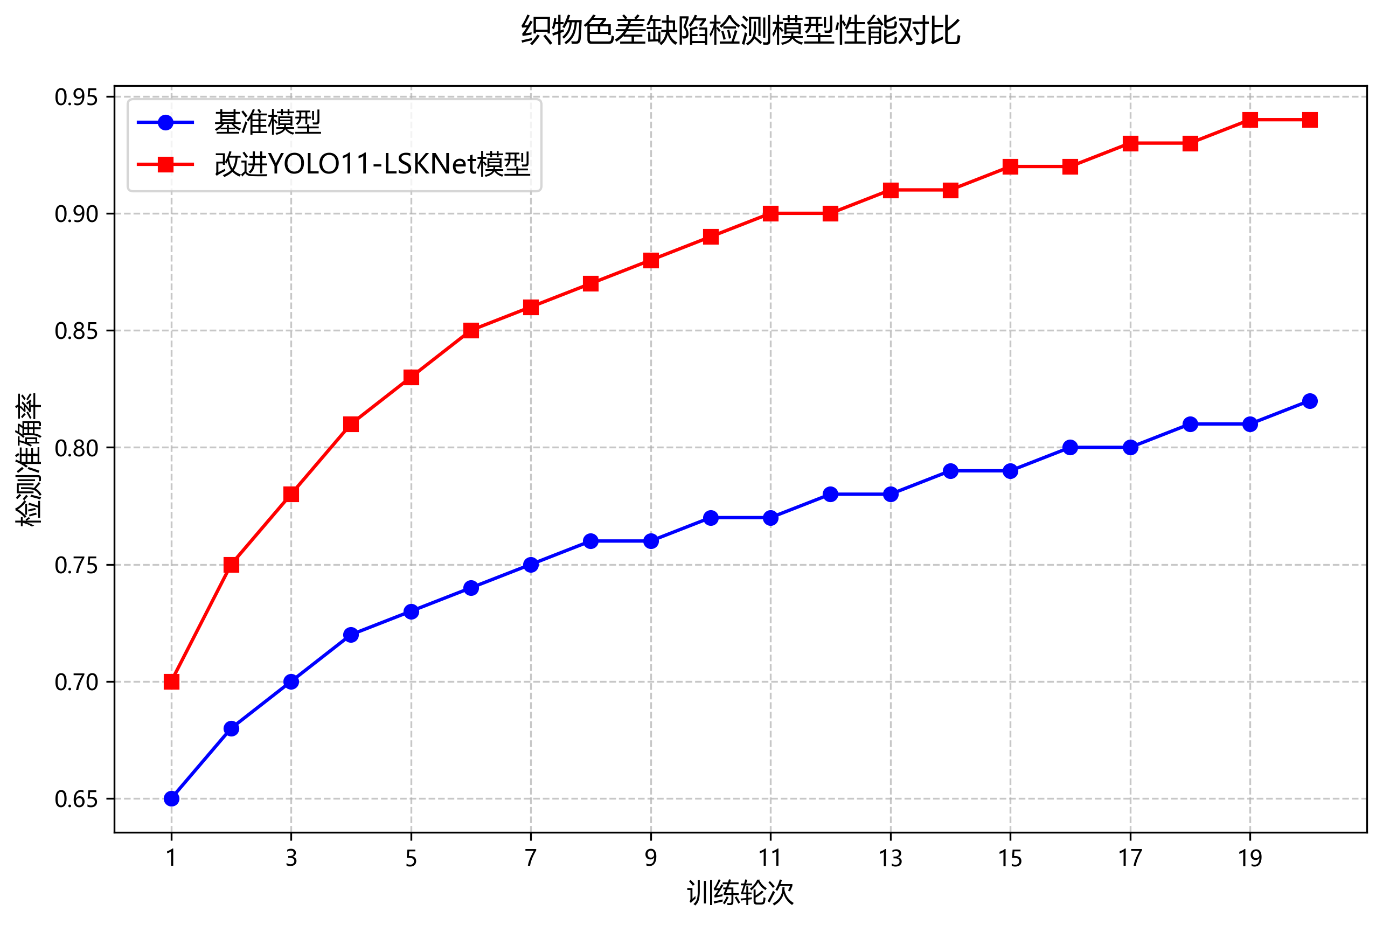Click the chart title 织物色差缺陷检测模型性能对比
click(x=740, y=31)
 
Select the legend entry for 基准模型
click(x=267, y=123)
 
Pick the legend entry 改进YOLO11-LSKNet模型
click(x=372, y=164)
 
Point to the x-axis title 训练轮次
click(x=740, y=893)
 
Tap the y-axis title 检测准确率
click(x=29, y=459)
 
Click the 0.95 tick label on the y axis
click(x=76, y=98)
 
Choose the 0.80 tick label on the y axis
click(x=76, y=448)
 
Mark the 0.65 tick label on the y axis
click(x=76, y=799)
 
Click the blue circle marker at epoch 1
click(x=171, y=799)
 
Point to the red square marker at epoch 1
click(x=171, y=682)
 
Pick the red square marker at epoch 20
click(x=1309, y=120)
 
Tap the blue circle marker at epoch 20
click(x=1309, y=401)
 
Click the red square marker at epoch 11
click(x=770, y=213)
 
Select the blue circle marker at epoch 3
click(x=291, y=682)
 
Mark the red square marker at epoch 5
click(x=411, y=378)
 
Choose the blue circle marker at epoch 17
click(x=1130, y=448)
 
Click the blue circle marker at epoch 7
click(x=531, y=565)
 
